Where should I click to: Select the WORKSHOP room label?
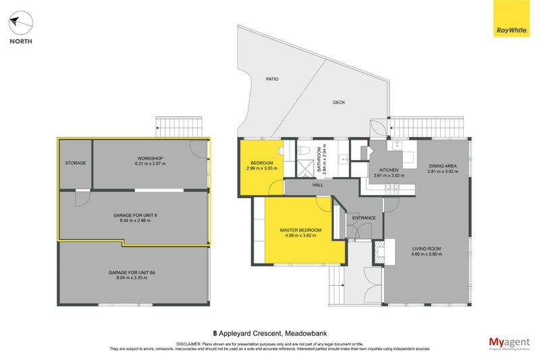pyautogui.click(x=149, y=159)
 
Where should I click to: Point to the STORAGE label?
pyautogui.click(x=75, y=163)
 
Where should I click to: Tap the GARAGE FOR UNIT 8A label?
pyautogui.click(x=132, y=272)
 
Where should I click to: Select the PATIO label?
pyautogui.click(x=271, y=79)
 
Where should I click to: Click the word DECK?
pyautogui.click(x=339, y=103)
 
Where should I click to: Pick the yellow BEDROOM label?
pyautogui.click(x=261, y=163)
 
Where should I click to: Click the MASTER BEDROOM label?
pyautogui.click(x=301, y=230)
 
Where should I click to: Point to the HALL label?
pyautogui.click(x=317, y=184)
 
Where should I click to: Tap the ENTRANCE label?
pyautogui.click(x=363, y=218)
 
